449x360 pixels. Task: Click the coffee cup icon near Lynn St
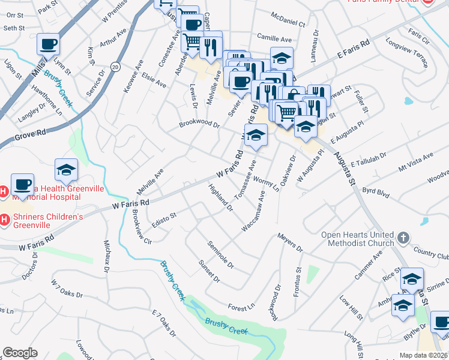click(48, 44)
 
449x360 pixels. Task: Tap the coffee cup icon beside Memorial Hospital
click(22, 184)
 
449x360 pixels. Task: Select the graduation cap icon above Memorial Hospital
click(66, 170)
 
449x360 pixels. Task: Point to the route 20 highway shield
click(115, 67)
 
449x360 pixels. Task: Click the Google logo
click(20, 353)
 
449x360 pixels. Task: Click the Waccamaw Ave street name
click(254, 211)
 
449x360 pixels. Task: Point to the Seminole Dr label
click(220, 254)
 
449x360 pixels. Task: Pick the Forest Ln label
click(241, 307)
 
